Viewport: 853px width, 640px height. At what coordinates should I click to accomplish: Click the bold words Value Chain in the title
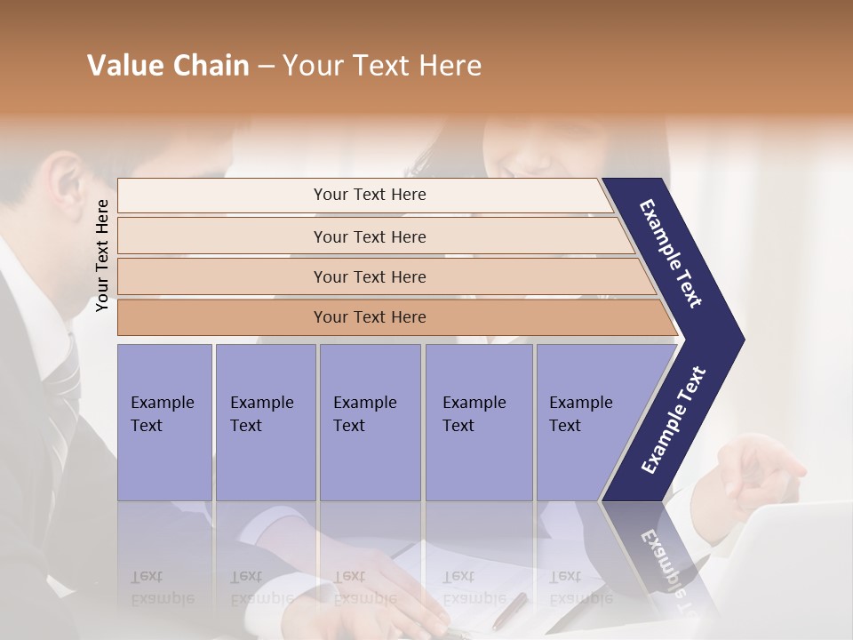168,66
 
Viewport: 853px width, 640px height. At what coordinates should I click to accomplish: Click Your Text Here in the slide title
382,66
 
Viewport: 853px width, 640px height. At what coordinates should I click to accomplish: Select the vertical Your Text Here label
102,255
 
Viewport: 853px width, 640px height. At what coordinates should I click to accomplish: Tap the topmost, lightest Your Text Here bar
369,195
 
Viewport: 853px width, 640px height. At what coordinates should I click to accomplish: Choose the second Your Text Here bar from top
369,236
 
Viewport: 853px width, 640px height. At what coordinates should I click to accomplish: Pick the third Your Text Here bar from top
369,276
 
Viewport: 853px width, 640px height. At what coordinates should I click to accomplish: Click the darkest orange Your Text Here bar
369,317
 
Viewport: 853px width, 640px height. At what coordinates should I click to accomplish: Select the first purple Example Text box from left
164,422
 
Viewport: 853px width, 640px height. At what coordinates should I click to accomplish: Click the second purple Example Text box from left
265,422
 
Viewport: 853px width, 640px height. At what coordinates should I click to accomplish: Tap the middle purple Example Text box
370,422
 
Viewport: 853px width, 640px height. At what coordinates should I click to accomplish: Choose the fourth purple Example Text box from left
478,422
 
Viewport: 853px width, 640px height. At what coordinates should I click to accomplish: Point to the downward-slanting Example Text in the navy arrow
671,253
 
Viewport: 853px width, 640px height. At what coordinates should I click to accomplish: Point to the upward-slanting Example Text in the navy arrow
673,420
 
